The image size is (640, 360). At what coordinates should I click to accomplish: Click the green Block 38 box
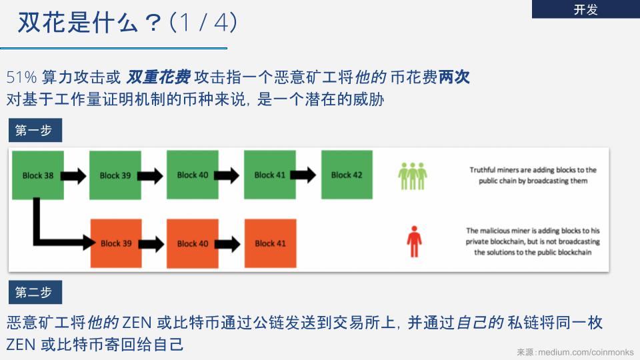(x=38, y=175)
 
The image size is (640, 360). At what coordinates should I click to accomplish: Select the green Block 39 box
(x=115, y=175)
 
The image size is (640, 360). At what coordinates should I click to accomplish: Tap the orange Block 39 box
(x=116, y=243)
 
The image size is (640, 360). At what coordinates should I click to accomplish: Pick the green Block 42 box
(x=347, y=175)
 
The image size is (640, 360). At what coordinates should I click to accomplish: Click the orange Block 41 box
(x=270, y=243)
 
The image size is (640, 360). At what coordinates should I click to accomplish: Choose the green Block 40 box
(x=193, y=175)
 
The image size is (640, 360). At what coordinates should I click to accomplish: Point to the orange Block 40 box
(x=193, y=243)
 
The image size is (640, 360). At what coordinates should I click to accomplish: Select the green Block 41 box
(x=270, y=175)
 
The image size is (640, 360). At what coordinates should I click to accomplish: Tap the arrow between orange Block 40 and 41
(x=227, y=244)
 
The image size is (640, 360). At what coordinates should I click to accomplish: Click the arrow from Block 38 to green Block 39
(x=73, y=176)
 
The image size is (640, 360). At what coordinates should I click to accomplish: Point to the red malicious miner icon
(x=414, y=241)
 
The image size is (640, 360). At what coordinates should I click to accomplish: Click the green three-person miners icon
(x=413, y=176)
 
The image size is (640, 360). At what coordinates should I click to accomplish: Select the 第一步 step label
(x=35, y=130)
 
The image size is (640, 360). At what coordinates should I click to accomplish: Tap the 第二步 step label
(x=35, y=292)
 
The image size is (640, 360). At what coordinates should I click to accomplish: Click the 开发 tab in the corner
(x=586, y=9)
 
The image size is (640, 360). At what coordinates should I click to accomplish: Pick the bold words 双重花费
(x=158, y=77)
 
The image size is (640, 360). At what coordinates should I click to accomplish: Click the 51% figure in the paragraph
(x=21, y=77)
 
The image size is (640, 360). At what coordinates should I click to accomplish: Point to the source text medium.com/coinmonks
(x=586, y=352)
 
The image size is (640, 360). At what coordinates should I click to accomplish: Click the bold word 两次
(x=454, y=77)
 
